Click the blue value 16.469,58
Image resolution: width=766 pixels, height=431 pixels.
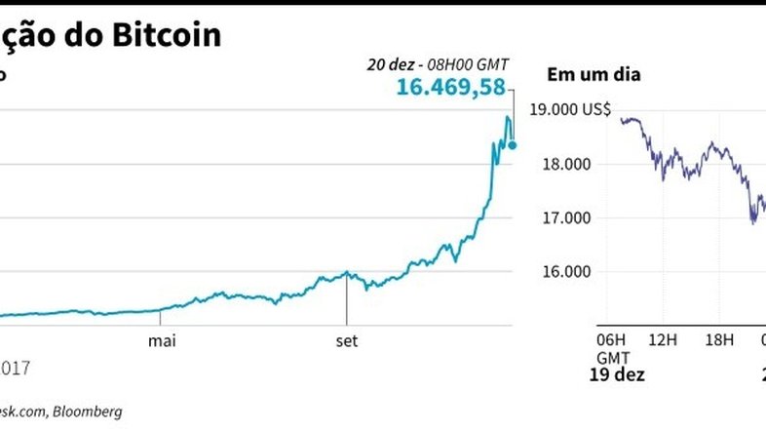pyautogui.click(x=451, y=88)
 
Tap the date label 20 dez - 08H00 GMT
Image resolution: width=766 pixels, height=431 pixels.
pyautogui.click(x=439, y=64)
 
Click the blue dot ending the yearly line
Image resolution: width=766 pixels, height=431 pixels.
pyautogui.click(x=514, y=145)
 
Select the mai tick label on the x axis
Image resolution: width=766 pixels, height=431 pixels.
pyautogui.click(x=161, y=340)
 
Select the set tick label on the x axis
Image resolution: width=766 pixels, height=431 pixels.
pyautogui.click(x=346, y=340)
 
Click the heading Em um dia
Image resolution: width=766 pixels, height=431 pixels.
pyautogui.click(x=594, y=73)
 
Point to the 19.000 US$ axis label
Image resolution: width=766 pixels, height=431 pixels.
pyautogui.click(x=569, y=110)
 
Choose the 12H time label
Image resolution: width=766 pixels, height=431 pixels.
pyautogui.click(x=663, y=339)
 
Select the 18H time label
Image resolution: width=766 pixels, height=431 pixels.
pyautogui.click(x=718, y=339)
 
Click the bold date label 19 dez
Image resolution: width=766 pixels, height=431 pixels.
pyautogui.click(x=618, y=374)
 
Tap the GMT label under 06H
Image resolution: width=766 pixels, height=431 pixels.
pyautogui.click(x=609, y=357)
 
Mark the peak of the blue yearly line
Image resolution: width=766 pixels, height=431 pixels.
pyautogui.click(x=507, y=118)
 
